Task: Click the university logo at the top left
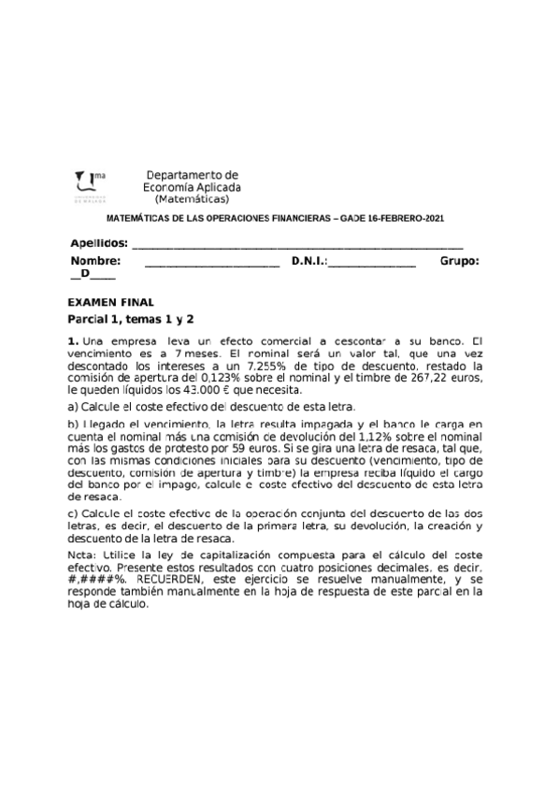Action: click(90, 185)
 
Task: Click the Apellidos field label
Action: click(98, 243)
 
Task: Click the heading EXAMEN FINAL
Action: click(111, 302)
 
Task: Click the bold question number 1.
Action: click(74, 341)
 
